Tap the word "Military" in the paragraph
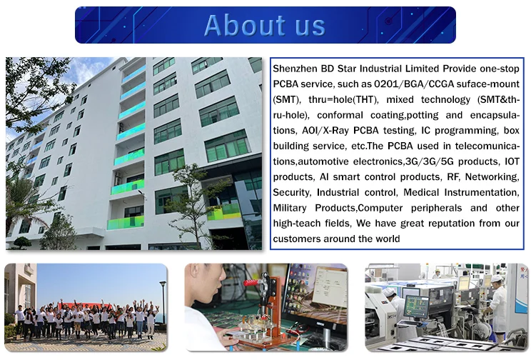point(290,208)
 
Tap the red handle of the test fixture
point(253,282)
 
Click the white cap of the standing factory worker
point(496,279)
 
